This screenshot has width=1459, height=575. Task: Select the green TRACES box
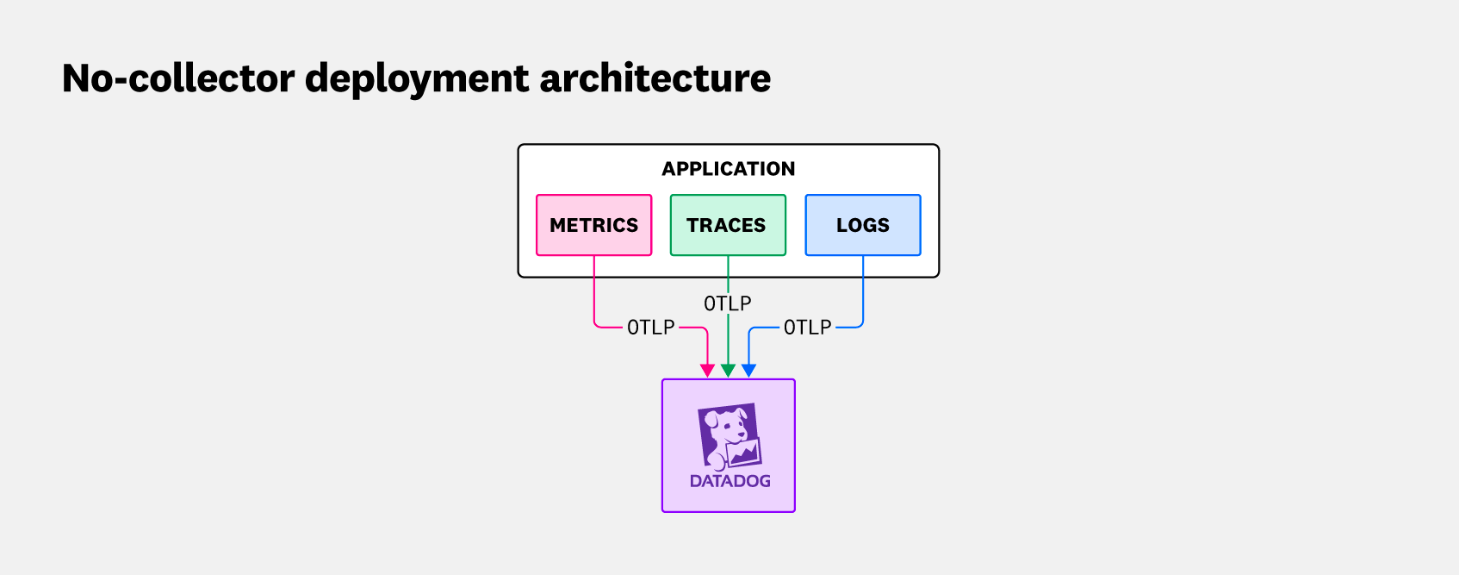728,225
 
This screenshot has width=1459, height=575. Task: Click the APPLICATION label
728,169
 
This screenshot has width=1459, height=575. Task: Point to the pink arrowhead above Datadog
707,371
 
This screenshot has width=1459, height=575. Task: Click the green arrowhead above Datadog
728,371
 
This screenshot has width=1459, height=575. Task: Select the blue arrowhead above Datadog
748,371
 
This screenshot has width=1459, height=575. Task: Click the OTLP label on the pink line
650,328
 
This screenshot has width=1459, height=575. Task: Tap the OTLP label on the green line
728,303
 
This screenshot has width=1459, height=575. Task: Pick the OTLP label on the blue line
807,328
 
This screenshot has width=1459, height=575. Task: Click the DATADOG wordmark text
729,481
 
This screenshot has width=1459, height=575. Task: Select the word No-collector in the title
178,78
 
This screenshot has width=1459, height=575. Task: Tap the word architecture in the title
655,78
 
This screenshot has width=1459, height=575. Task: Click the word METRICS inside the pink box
593,225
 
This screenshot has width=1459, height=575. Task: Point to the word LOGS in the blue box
863,225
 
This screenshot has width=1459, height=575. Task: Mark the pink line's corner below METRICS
595,326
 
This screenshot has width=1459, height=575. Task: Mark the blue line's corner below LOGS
862,326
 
